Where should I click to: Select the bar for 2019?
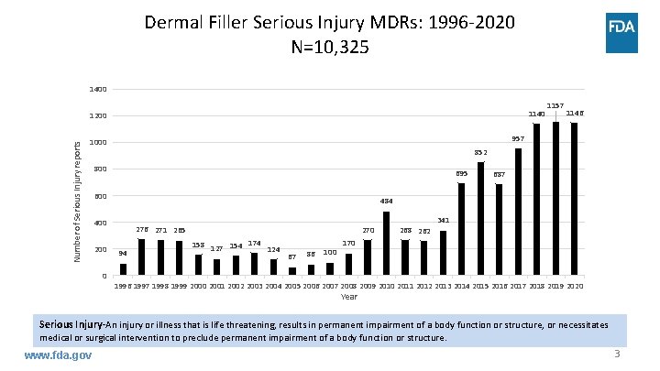[x=556, y=199]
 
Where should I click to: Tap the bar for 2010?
[x=386, y=244]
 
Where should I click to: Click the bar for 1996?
[x=123, y=269]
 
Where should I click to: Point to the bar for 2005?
[x=292, y=271]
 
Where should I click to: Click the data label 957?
[x=518, y=139]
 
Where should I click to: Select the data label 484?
[x=387, y=202]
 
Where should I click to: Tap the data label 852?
[x=480, y=152]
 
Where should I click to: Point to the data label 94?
[x=123, y=254]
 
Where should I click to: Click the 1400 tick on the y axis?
[x=98, y=90]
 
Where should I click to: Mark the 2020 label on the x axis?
[x=574, y=287]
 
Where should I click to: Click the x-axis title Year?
[x=348, y=297]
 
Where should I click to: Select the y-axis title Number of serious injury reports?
[x=79, y=199]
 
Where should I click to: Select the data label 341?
[x=443, y=221]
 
